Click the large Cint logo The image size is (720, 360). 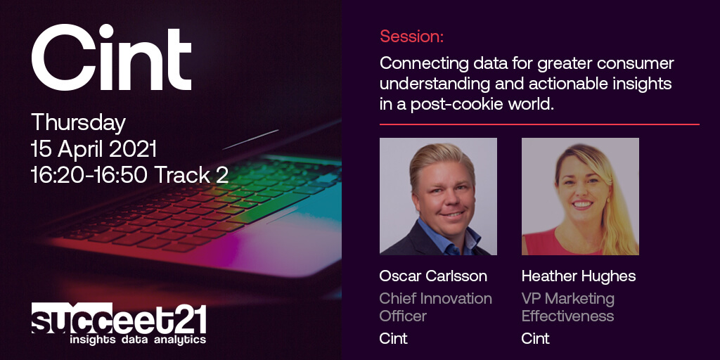tap(111, 58)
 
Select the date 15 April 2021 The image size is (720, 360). tap(94, 149)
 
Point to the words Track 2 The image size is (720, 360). tap(191, 175)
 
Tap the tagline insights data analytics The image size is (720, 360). tap(138, 340)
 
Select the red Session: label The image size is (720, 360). tap(412, 37)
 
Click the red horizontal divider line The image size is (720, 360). tap(539, 124)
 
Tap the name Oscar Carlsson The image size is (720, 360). tap(433, 276)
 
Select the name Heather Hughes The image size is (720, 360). tap(579, 276)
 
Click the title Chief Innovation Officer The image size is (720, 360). tap(435, 307)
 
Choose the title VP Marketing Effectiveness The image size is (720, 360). tap(568, 307)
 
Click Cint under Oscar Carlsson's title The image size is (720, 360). tap(394, 339)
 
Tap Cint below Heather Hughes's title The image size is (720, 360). tap(535, 339)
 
